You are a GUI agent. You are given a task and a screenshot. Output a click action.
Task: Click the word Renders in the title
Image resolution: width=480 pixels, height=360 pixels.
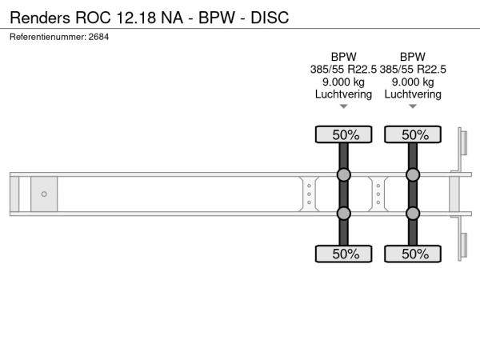pyautogui.click(x=40, y=18)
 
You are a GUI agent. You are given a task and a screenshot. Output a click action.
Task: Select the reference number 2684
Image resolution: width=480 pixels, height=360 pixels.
pyautogui.click(x=98, y=37)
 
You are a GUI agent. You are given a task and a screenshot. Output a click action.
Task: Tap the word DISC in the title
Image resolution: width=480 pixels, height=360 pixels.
pyautogui.click(x=270, y=18)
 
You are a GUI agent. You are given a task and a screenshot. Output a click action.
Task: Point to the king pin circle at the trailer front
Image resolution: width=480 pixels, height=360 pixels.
pyautogui.click(x=44, y=194)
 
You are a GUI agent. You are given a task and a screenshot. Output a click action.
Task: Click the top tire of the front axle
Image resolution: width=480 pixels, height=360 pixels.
pyautogui.click(x=343, y=134)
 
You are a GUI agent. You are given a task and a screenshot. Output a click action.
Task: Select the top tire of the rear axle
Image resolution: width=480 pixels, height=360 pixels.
pyautogui.click(x=413, y=134)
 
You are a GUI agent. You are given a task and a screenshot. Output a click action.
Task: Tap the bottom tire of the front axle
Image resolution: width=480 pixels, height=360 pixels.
pyautogui.click(x=343, y=254)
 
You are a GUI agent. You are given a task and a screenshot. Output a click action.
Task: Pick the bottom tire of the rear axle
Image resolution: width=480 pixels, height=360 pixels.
pyautogui.click(x=413, y=254)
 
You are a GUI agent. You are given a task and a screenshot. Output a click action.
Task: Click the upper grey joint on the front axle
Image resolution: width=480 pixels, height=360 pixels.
pyautogui.click(x=343, y=174)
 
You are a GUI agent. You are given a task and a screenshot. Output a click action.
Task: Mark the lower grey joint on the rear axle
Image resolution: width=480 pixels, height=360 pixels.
pyautogui.click(x=413, y=214)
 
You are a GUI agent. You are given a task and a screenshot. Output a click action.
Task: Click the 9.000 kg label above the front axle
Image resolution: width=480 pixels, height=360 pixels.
pyautogui.click(x=343, y=82)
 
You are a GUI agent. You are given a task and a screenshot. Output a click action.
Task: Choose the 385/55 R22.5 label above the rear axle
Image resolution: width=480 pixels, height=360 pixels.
pyautogui.click(x=413, y=69)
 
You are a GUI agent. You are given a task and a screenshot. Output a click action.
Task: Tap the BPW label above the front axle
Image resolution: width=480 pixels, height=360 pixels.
pyautogui.click(x=343, y=57)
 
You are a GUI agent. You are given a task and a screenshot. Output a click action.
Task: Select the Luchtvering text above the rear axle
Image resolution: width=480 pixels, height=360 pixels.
pyautogui.click(x=413, y=94)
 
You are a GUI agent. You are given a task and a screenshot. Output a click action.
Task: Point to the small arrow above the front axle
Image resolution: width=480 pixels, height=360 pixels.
pyautogui.click(x=343, y=106)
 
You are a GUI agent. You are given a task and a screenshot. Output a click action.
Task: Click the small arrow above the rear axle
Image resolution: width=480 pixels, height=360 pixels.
pyautogui.click(x=413, y=106)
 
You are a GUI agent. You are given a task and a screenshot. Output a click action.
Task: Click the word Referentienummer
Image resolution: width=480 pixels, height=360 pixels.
pyautogui.click(x=48, y=37)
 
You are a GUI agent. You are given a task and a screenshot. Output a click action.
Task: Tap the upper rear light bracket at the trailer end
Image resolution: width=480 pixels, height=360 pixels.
pyautogui.click(x=462, y=142)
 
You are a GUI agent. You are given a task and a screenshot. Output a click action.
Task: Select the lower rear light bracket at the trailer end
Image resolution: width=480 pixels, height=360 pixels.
pyautogui.click(x=462, y=246)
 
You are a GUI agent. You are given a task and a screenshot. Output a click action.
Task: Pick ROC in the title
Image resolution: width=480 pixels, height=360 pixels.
pyautogui.click(x=93, y=18)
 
